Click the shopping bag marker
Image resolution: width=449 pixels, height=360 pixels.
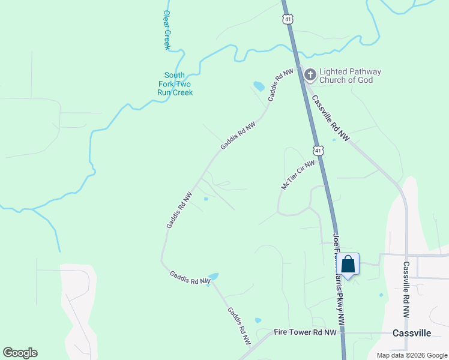click(x=348, y=263)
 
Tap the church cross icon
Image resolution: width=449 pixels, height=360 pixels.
click(x=310, y=75)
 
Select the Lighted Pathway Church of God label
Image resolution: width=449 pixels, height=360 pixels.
click(x=350, y=76)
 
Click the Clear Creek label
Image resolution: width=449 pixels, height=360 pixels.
click(x=167, y=29)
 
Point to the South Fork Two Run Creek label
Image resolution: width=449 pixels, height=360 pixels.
click(x=175, y=84)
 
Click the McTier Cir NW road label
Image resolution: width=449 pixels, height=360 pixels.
click(x=298, y=175)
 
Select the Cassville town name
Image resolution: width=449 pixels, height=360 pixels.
click(x=412, y=333)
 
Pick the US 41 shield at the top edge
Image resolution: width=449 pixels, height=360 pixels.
click(x=289, y=19)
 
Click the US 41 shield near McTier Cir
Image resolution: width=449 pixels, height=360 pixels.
click(x=319, y=150)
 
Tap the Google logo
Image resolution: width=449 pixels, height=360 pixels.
click(x=20, y=353)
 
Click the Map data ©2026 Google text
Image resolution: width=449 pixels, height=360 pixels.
click(x=411, y=355)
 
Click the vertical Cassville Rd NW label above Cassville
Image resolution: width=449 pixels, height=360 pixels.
click(x=406, y=289)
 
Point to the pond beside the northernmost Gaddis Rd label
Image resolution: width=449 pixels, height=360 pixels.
click(x=259, y=86)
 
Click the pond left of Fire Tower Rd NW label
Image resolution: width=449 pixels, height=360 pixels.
click(x=258, y=321)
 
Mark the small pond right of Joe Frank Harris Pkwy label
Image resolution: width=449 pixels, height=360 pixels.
click(x=381, y=295)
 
